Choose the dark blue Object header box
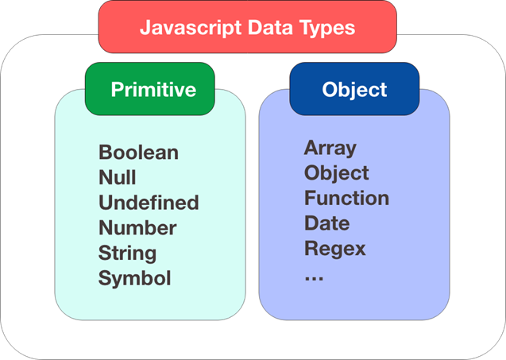[354, 89]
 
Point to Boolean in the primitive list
[138, 152]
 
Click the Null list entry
[117, 177]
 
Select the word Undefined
[149, 203]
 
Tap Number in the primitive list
[137, 228]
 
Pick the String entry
[127, 254]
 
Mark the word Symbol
[134, 279]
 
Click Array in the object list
[330, 148]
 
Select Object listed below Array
[336, 173]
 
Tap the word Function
[346, 198]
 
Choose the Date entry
[326, 223]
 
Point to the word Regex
[334, 249]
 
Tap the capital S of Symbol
[105, 279]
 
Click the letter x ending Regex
[360, 250]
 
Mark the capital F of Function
[310, 198]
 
